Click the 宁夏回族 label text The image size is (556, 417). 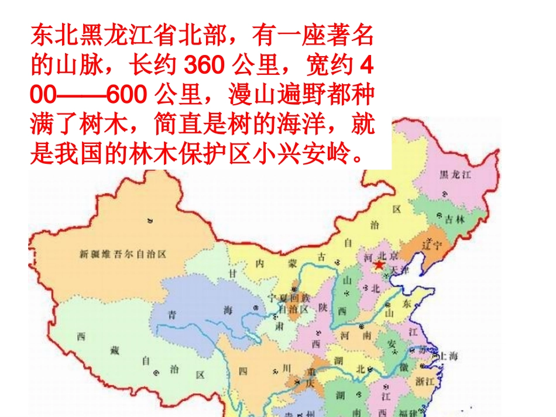(283, 298)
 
